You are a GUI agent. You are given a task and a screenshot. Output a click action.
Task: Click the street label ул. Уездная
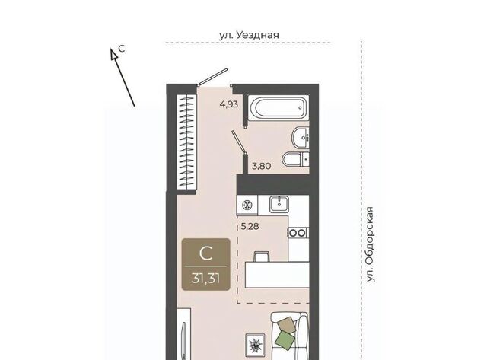pyautogui.click(x=249, y=35)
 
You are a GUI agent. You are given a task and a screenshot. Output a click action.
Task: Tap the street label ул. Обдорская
pyautogui.click(x=370, y=244)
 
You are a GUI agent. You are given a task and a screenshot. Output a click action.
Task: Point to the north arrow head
pyautogui.click(x=113, y=54)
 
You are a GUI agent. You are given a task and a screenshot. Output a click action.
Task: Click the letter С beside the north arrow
pyautogui.click(x=122, y=49)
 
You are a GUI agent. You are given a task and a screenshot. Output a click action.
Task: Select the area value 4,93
pyautogui.click(x=229, y=104)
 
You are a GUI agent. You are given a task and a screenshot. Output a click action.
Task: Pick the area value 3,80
pyautogui.click(x=262, y=166)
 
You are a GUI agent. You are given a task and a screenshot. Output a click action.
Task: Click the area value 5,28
pyautogui.click(x=250, y=227)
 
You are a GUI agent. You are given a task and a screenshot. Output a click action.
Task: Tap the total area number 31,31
pyautogui.click(x=205, y=278)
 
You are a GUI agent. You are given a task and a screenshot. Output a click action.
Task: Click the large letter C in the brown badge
pyautogui.click(x=205, y=253)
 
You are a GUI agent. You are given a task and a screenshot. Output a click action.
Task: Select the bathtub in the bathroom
pyautogui.click(x=279, y=108)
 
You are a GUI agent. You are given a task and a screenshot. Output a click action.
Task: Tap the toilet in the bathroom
pyautogui.click(x=296, y=160)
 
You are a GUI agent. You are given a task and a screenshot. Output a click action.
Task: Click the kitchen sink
pyautogui.click(x=279, y=204)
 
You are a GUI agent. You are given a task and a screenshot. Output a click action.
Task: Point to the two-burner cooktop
pyautogui.click(x=298, y=233)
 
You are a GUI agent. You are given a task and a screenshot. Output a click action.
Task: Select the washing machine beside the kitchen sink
pyautogui.click(x=247, y=205)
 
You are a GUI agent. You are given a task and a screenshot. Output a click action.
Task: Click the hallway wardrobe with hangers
pyautogui.click(x=186, y=142)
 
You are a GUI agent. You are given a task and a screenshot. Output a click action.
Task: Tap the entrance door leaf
pyautogui.click(x=213, y=76)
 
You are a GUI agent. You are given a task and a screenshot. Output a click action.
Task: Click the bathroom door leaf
pyautogui.click(x=239, y=142)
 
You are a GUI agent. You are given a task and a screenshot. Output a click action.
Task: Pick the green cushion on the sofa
pyautogui.click(x=286, y=339)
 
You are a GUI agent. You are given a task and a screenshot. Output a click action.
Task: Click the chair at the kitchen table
pyautogui.click(x=262, y=256)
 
